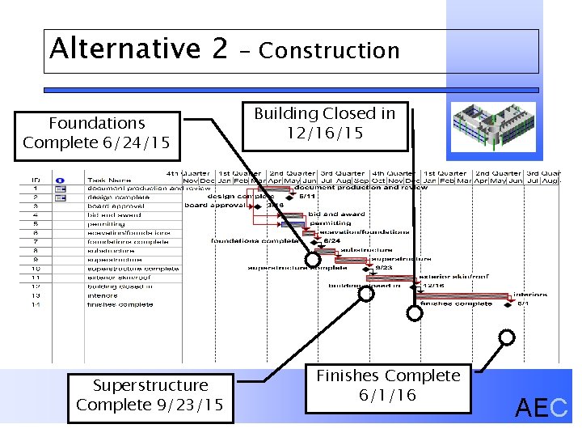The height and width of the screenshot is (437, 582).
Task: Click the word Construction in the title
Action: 329,51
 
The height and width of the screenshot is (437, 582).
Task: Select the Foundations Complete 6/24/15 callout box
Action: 96,134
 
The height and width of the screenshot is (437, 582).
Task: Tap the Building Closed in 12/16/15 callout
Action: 325,123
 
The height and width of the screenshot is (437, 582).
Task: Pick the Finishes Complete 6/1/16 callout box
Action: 388,385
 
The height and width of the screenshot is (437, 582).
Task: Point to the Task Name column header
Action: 108,180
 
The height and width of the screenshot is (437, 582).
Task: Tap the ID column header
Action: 36,180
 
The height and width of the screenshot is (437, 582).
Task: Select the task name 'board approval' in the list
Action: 115,206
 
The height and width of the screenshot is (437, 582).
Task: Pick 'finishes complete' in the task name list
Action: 120,304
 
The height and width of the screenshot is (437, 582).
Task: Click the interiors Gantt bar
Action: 477,295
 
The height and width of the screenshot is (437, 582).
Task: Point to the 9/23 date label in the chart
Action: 386,268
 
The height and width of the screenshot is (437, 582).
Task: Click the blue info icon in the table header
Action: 60,180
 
